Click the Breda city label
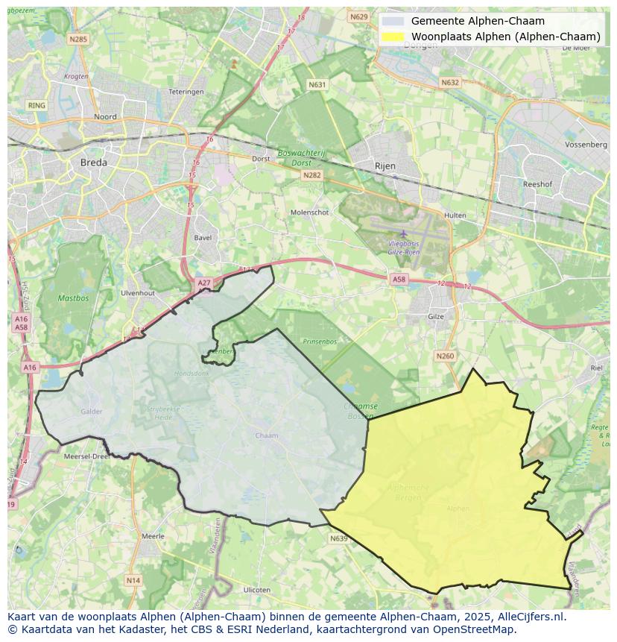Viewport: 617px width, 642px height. [x=94, y=162]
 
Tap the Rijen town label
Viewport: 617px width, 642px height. [x=385, y=166]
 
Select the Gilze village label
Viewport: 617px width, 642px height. [x=436, y=316]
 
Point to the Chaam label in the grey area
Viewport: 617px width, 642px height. [x=266, y=435]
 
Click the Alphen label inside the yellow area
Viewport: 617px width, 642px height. [x=458, y=509]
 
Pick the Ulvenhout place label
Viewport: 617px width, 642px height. [x=137, y=293]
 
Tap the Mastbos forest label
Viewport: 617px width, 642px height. [x=73, y=298]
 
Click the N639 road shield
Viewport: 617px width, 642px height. [x=338, y=538]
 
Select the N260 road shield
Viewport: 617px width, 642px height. [x=445, y=356]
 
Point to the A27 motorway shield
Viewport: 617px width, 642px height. [x=204, y=283]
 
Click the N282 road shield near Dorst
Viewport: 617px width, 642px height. [x=311, y=174]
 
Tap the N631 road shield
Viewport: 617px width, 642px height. [x=317, y=85]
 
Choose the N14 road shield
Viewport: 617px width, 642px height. [x=133, y=580]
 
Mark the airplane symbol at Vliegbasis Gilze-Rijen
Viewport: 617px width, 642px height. [x=404, y=234]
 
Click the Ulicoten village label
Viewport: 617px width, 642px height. [x=257, y=590]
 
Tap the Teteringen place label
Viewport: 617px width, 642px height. [x=186, y=92]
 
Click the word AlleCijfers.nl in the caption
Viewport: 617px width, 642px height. [x=530, y=617]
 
